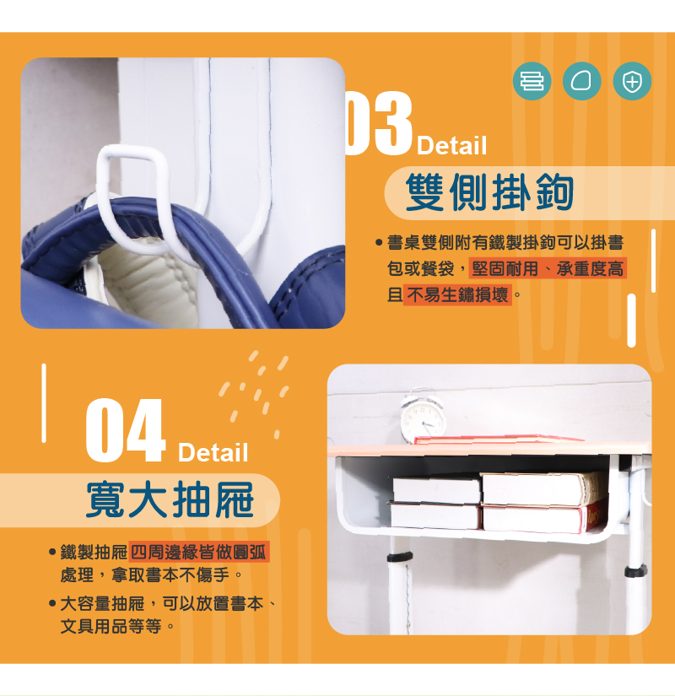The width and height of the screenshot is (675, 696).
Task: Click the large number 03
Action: (379, 123)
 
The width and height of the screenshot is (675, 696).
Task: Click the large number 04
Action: (126, 430)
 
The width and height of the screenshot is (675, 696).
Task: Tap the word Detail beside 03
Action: (451, 146)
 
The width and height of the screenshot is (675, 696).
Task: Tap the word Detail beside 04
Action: (213, 452)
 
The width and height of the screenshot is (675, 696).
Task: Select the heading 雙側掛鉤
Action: (489, 192)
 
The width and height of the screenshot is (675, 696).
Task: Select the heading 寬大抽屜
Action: (170, 499)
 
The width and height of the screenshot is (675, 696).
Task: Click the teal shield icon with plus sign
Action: (632, 81)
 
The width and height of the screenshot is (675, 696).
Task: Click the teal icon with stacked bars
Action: (532, 81)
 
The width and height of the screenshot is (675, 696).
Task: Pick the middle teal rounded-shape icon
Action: (581, 81)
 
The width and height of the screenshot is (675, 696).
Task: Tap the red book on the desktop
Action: (497, 440)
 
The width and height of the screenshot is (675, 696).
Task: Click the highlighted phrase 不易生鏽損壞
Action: (457, 294)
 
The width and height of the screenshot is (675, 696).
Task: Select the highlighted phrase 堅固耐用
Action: (505, 268)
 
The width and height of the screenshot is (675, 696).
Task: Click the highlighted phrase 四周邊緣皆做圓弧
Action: (198, 552)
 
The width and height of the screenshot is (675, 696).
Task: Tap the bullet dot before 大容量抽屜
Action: (52, 604)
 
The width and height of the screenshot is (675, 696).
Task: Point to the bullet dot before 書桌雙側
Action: (379, 243)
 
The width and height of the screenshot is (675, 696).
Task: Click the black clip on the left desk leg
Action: (400, 557)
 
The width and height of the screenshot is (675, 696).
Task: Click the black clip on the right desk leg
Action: (635, 570)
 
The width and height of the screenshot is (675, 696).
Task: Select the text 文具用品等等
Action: (111, 627)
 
